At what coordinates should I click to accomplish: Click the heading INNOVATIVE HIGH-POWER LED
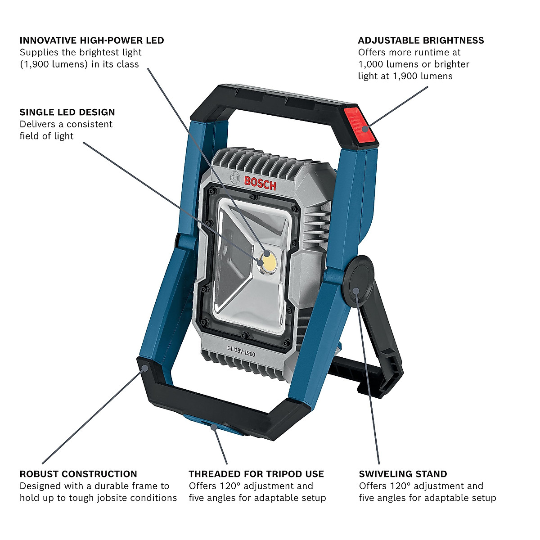click(x=92, y=40)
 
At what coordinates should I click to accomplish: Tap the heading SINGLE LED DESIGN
click(x=67, y=112)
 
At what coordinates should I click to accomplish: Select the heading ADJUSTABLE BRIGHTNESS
click(x=421, y=40)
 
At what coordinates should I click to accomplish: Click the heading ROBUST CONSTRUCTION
click(x=78, y=474)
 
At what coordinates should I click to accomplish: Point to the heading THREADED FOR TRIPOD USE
click(x=256, y=474)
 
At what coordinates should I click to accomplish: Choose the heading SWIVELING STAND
click(x=403, y=474)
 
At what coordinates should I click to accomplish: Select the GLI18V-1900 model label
click(x=241, y=351)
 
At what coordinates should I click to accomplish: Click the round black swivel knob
click(x=358, y=281)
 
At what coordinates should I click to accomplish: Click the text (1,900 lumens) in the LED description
click(x=54, y=64)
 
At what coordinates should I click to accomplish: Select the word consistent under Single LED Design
click(x=90, y=124)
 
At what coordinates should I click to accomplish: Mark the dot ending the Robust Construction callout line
click(x=144, y=368)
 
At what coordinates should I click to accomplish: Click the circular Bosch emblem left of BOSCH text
click(x=234, y=178)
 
